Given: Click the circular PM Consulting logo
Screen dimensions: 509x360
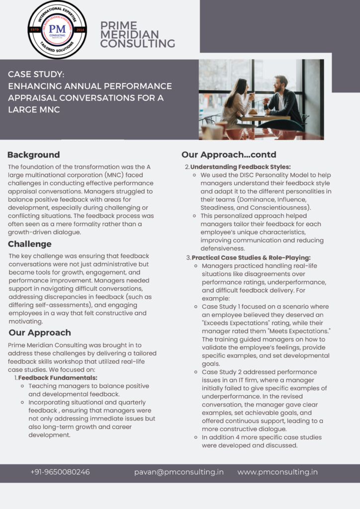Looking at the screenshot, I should click(x=57, y=29).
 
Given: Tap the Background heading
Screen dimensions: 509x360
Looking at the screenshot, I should click(x=33, y=155).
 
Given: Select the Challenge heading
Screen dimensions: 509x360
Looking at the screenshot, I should click(x=30, y=244).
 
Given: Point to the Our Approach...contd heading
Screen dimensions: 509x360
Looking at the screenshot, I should click(x=229, y=155).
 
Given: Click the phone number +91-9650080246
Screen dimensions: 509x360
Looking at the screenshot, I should click(x=60, y=472).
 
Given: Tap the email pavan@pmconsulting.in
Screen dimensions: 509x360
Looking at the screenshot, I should click(x=179, y=472).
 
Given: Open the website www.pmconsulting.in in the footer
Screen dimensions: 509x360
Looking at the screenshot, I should click(x=277, y=472).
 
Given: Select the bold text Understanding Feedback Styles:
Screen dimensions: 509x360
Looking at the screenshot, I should click(x=241, y=167).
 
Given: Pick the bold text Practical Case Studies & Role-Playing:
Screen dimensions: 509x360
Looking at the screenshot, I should click(x=251, y=257).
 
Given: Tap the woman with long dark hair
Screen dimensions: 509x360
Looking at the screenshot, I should click(x=235, y=102).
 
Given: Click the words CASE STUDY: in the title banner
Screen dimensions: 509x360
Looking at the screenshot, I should click(x=36, y=74).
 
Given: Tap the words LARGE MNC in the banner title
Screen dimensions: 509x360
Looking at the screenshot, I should click(x=34, y=110).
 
